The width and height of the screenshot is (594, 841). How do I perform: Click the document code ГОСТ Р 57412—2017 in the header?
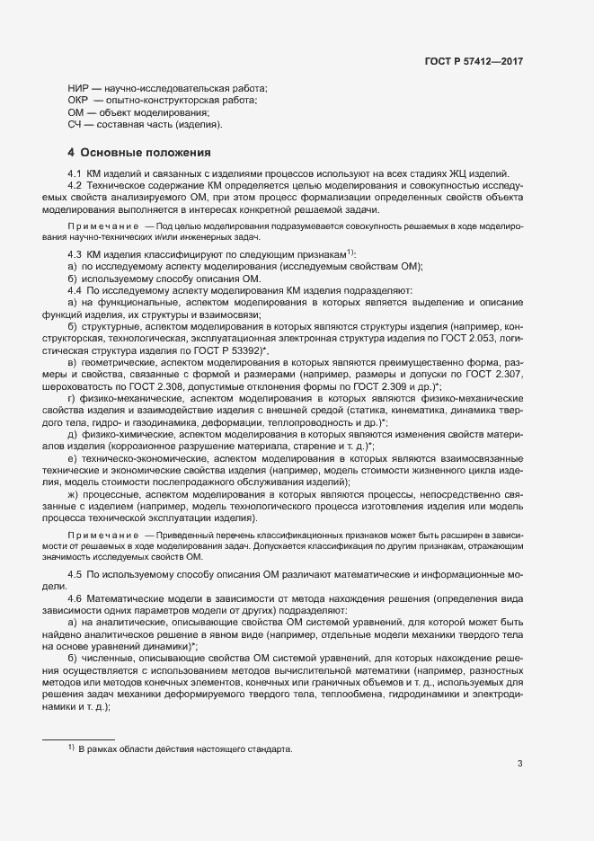pyautogui.click(x=474, y=61)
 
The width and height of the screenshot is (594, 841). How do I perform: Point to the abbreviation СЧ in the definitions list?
pyautogui.click(x=76, y=124)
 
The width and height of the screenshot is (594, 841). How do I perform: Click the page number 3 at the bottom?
pyautogui.click(x=519, y=764)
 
